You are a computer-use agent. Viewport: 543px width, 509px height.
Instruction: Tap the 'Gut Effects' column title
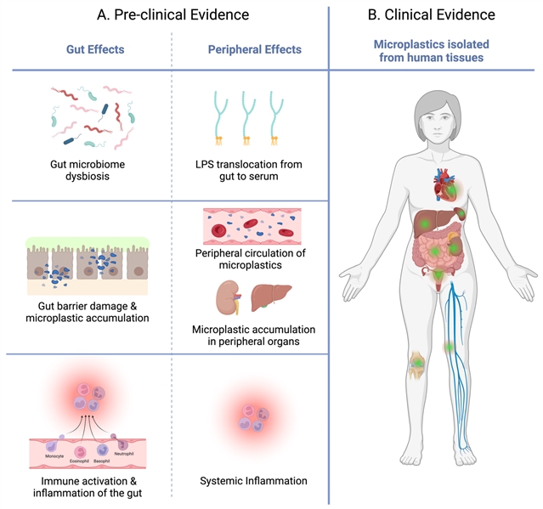[x=95, y=49]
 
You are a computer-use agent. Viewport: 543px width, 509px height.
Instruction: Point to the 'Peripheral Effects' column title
[x=254, y=49]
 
